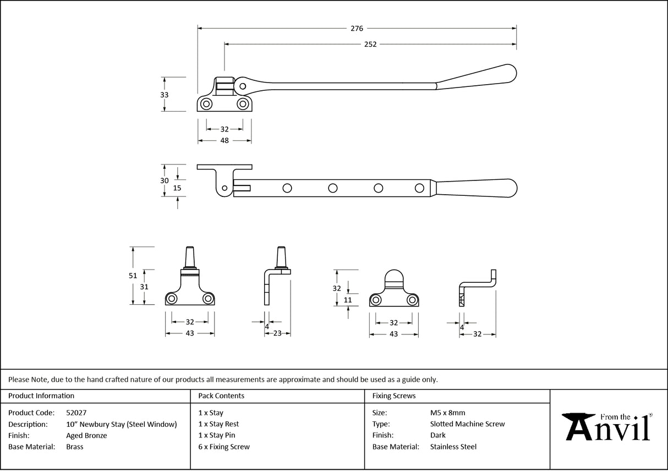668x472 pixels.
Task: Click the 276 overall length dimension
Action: [x=357, y=28]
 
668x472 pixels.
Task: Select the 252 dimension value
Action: [x=370, y=45]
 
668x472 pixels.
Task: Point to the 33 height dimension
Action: [x=164, y=95]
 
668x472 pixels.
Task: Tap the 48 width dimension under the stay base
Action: [x=225, y=141]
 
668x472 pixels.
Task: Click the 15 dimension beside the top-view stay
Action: [x=177, y=188]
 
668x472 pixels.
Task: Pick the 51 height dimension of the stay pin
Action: [x=133, y=276]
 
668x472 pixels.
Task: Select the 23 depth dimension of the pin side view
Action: [x=277, y=333]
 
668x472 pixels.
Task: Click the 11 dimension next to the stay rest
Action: [x=348, y=300]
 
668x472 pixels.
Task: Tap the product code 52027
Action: [x=76, y=413]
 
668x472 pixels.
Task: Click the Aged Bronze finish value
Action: [x=86, y=435]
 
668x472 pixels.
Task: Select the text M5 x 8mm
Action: [x=447, y=413]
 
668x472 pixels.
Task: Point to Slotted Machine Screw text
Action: [x=467, y=424]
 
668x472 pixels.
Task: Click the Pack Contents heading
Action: [x=221, y=396]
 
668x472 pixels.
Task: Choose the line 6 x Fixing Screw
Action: [x=224, y=447]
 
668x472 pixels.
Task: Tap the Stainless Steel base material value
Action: [x=453, y=447]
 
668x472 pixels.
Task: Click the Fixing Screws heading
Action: [x=394, y=396]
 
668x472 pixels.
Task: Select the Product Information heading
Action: [x=41, y=396]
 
